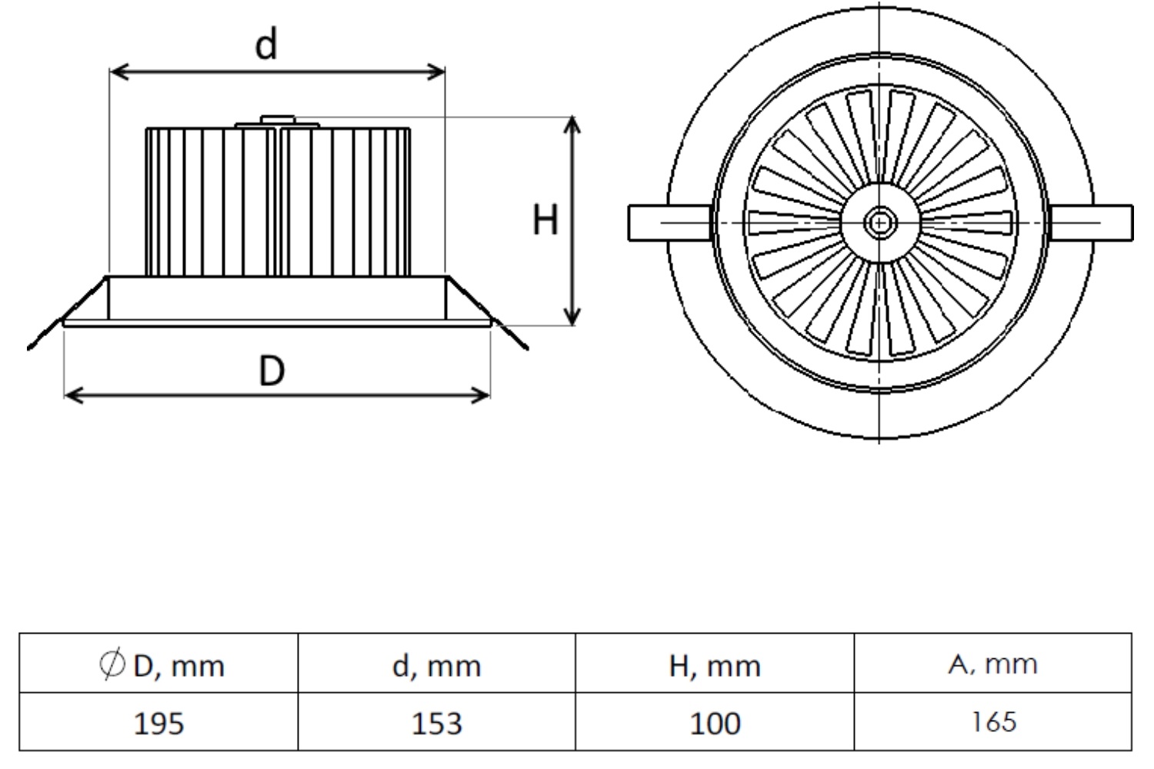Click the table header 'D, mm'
(178, 665)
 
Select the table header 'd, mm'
(436, 665)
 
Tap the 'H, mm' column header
(715, 665)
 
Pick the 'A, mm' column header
(992, 664)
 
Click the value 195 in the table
(158, 723)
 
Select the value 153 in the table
(436, 723)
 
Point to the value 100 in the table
(715, 723)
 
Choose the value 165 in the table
(993, 722)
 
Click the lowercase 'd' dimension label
(266, 45)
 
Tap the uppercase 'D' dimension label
(272, 371)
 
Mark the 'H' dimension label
(545, 221)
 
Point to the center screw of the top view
(879, 223)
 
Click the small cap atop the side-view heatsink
(278, 120)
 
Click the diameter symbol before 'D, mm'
(112, 664)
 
